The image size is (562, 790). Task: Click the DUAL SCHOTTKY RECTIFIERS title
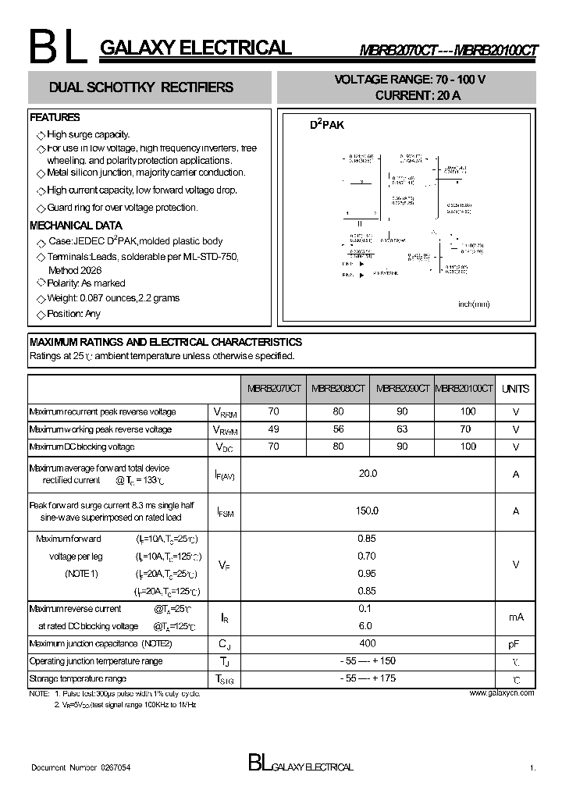coord(141,87)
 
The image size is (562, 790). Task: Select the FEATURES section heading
coord(55,118)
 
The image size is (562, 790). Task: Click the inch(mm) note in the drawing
coord(474,304)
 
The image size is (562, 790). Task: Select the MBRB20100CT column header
coord(464,389)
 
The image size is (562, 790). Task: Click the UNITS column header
coord(515,389)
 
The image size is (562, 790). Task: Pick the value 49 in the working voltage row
coord(273,429)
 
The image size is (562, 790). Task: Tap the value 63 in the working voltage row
coord(402,429)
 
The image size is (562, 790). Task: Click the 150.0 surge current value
coord(367,511)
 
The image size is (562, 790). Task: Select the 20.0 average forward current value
coord(367,474)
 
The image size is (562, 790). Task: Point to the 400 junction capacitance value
coord(367,643)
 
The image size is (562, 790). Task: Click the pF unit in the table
coord(515,644)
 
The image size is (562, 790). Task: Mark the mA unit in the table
coord(515,617)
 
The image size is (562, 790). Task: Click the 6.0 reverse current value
coord(365,625)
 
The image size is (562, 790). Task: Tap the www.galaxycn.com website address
coord(502,693)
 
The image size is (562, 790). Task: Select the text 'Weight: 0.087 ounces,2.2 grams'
coord(113,298)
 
